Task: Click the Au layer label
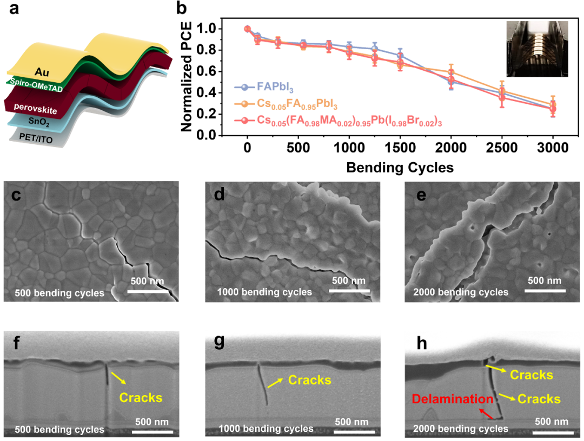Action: [x=41, y=71]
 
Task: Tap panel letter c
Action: [x=16, y=195]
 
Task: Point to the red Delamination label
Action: [x=453, y=399]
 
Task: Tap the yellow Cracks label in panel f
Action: [x=141, y=398]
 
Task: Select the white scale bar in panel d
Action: [x=348, y=291]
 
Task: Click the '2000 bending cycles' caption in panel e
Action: [x=460, y=292]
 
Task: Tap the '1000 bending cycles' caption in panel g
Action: [x=266, y=429]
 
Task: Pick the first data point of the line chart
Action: [x=247, y=29]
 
